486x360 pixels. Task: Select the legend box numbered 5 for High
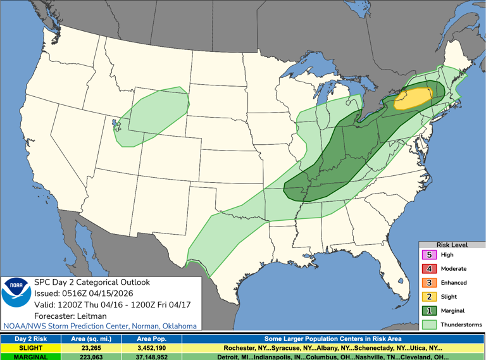click(x=430, y=255)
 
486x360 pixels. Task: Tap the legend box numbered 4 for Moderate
click(x=430, y=269)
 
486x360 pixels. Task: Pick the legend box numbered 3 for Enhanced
click(x=430, y=283)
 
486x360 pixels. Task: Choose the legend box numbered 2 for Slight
click(x=430, y=297)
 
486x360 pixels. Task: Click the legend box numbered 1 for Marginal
click(x=430, y=311)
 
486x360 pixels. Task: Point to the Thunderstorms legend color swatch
click(x=430, y=325)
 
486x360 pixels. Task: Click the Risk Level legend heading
click(x=452, y=244)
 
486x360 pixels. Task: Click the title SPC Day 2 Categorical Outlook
click(x=92, y=282)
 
